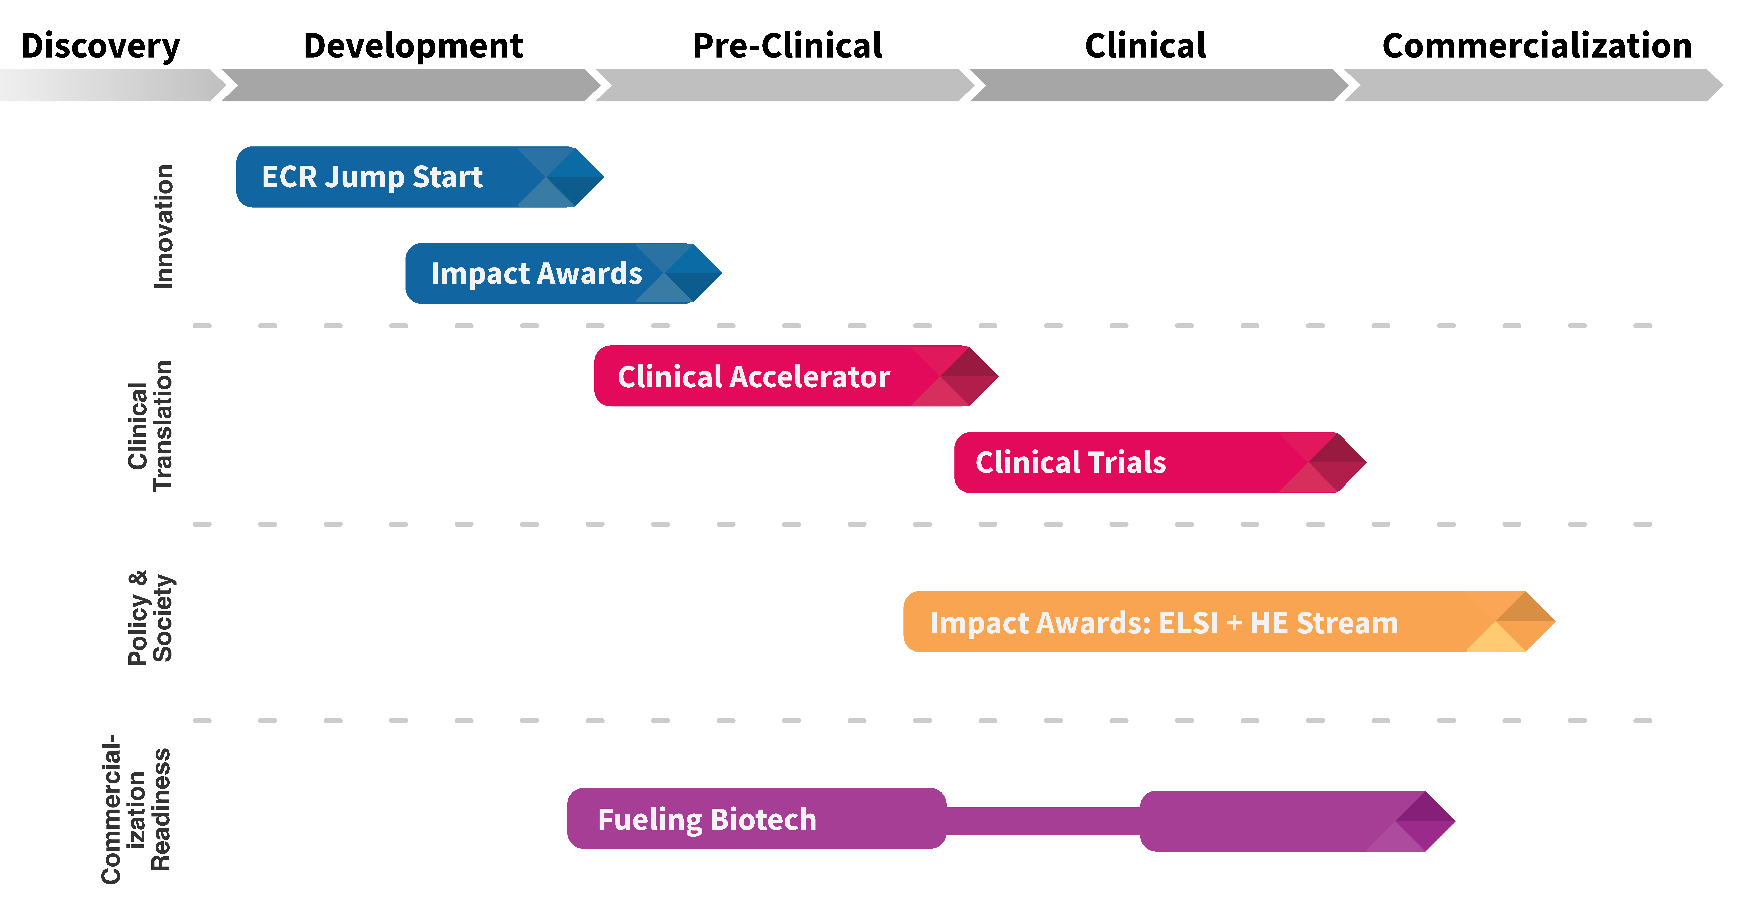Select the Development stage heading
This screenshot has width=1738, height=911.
click(x=413, y=46)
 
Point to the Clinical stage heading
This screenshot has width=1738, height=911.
click(x=1145, y=46)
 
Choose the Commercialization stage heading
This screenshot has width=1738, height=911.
click(x=1537, y=46)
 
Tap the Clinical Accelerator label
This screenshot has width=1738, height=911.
click(x=754, y=377)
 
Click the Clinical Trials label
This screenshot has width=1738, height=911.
click(x=1071, y=462)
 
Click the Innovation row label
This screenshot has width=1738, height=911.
click(x=164, y=227)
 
